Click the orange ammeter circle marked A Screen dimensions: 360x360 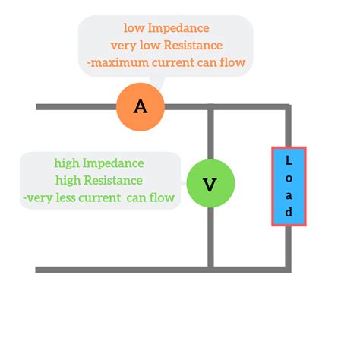click(x=141, y=106)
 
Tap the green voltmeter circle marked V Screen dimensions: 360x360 click(x=210, y=183)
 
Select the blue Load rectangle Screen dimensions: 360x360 click(x=289, y=186)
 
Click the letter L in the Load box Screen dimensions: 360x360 click(x=289, y=160)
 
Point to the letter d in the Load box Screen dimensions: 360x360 click(x=289, y=212)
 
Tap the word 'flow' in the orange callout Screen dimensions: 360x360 click(x=230, y=62)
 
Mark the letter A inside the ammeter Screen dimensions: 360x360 click(x=141, y=106)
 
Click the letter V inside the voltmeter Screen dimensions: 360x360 click(x=210, y=184)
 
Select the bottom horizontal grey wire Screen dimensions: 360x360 click(x=159, y=269)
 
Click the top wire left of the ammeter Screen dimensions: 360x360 click(x=76, y=106)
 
